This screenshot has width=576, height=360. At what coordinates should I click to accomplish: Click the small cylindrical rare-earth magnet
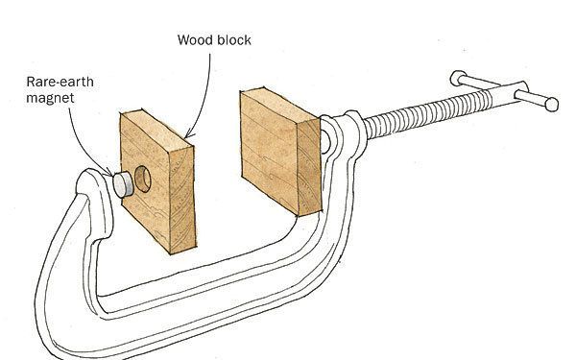coord(123,183)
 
